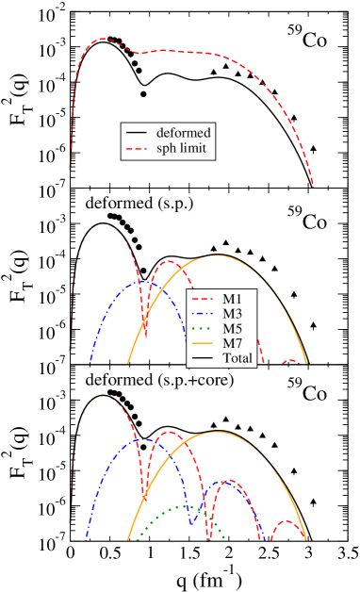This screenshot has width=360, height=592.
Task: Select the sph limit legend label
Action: coord(182,149)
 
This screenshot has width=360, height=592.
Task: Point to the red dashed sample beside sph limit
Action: coord(138,149)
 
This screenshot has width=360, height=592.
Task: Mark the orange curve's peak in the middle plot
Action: coord(217,255)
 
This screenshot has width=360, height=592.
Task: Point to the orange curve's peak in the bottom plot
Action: coord(219,432)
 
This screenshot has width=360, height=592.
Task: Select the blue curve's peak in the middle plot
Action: coord(141,280)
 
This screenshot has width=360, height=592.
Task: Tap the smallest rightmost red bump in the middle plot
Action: coord(292,360)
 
